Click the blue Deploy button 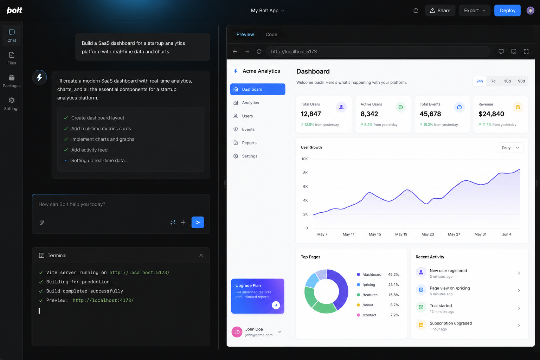click(x=507, y=10)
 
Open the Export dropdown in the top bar click(x=474, y=10)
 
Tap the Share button click(x=440, y=10)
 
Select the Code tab click(x=271, y=34)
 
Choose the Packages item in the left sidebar click(x=12, y=81)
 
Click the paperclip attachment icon click(x=42, y=222)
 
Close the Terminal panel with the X click(x=201, y=255)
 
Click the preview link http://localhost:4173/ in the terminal click(x=103, y=300)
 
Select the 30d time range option click(x=507, y=81)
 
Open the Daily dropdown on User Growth click(x=510, y=148)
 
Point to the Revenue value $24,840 click(x=491, y=114)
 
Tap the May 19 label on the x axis click(x=401, y=234)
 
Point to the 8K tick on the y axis click(x=306, y=173)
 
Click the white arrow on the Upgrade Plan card click(x=276, y=305)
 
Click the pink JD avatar click(x=237, y=332)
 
